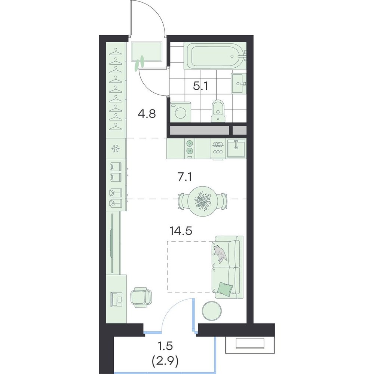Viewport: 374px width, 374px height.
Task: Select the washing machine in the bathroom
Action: point(180,112)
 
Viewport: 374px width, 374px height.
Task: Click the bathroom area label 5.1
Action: point(200,86)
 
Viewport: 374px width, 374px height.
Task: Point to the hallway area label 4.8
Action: point(147,114)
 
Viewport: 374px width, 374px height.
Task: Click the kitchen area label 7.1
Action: point(185,177)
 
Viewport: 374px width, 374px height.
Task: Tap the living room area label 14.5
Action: point(181,231)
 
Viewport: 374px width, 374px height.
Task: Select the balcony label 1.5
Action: point(165,346)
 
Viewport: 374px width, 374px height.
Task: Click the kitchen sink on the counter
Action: point(236,148)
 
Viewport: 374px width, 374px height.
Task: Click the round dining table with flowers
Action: point(203,201)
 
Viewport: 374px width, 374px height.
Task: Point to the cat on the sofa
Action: point(220,253)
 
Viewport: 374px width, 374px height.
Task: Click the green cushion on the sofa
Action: point(225,288)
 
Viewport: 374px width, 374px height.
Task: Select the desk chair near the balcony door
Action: point(141,297)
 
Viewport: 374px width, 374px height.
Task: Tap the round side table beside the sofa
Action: point(212,311)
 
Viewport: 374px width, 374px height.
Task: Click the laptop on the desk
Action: point(117,299)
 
